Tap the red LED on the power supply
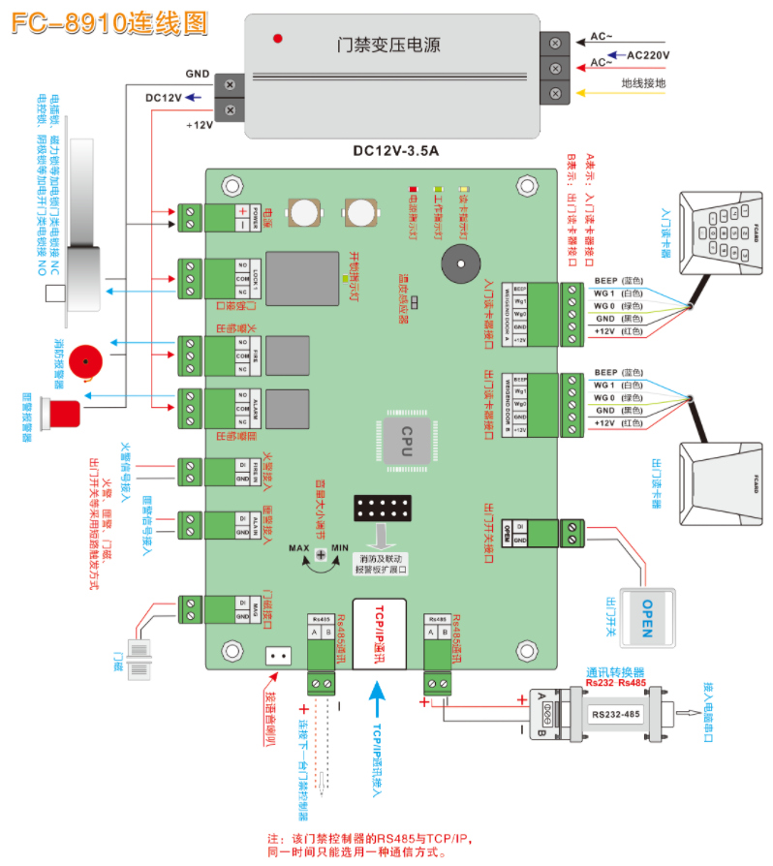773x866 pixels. pyautogui.click(x=278, y=39)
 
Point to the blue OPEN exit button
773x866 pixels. pyautogui.click(x=647, y=615)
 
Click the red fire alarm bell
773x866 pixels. pyautogui.click(x=88, y=361)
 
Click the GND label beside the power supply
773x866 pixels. pyautogui.click(x=198, y=73)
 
